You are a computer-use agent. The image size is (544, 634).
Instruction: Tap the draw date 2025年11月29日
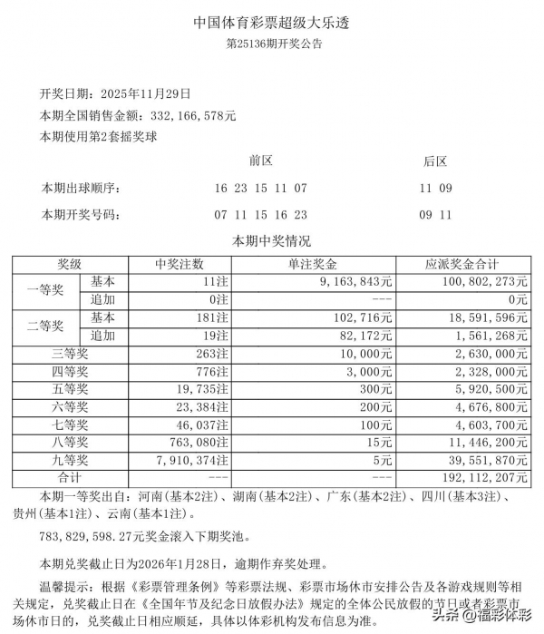tap(150, 93)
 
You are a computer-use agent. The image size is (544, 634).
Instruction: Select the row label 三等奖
tap(69, 356)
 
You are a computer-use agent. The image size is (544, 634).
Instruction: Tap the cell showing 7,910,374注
tap(192, 460)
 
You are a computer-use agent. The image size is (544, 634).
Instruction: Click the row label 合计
tap(69, 477)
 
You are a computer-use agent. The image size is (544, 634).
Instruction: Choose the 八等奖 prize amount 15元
tap(380, 443)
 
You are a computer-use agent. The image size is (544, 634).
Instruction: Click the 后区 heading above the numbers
tap(434, 162)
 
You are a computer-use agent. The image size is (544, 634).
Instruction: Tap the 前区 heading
tap(260, 161)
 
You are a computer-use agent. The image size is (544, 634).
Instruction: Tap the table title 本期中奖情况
tap(271, 241)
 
